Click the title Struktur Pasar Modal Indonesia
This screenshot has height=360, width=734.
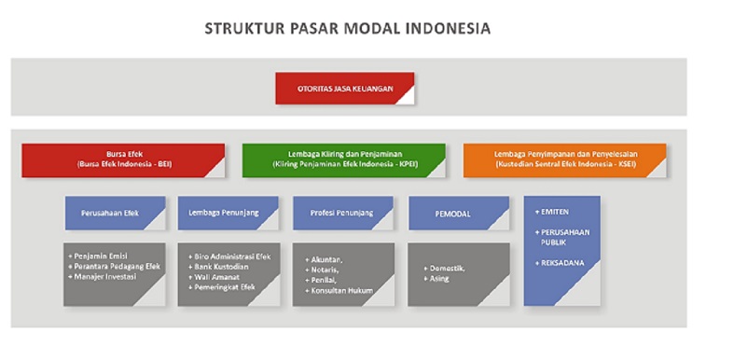[347, 29]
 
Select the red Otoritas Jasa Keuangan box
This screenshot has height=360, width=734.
[345, 89]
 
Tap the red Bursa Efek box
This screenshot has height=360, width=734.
[124, 159]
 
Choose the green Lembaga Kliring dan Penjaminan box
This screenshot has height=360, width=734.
[343, 159]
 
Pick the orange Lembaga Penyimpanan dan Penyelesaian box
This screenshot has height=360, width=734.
[564, 159]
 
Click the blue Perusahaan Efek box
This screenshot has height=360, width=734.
[115, 213]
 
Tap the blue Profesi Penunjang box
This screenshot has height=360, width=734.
[342, 213]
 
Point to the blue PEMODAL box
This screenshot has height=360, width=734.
[458, 214]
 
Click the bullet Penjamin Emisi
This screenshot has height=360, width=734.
[104, 256]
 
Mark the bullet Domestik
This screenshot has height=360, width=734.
[448, 267]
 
